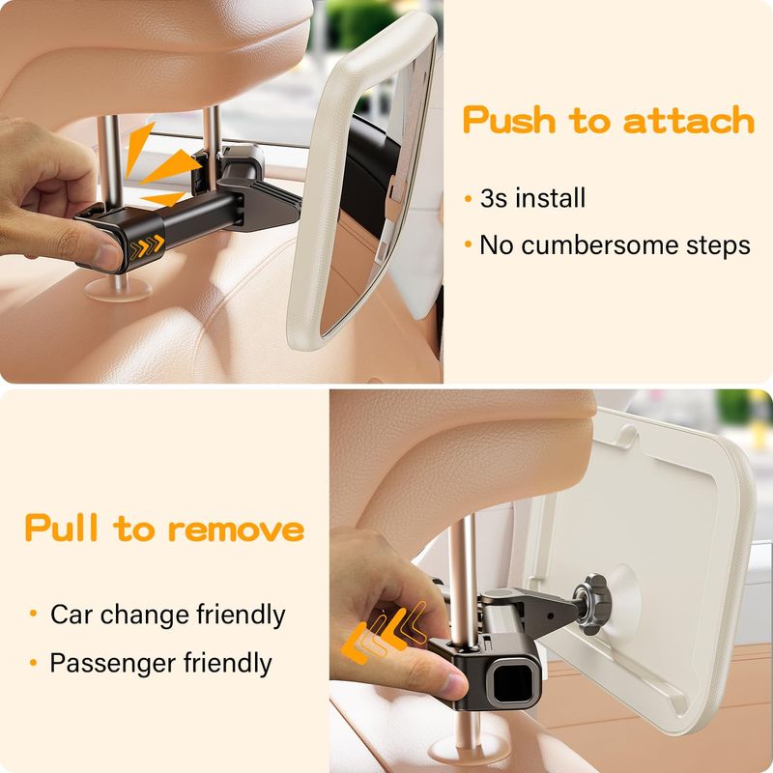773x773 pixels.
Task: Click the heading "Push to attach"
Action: pos(609,120)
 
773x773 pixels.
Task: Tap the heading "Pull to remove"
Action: pos(164,528)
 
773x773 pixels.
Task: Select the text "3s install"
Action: pos(533,198)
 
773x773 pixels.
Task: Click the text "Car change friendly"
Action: pos(167,615)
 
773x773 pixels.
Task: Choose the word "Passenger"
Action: pos(113,663)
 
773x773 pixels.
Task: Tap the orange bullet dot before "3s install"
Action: pos(469,199)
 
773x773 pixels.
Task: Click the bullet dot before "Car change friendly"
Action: pos(34,614)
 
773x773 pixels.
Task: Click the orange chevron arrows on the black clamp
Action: pos(147,246)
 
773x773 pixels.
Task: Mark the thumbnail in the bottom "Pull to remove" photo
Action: pos(454,684)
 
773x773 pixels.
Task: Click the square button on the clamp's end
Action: pos(512,680)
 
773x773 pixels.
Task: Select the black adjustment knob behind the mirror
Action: pos(591,603)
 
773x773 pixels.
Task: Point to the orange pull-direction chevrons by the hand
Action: pos(384,632)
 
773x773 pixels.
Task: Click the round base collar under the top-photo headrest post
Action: pos(118,290)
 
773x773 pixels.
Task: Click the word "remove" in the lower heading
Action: pos(236,530)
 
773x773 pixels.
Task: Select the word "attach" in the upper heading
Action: pos(689,120)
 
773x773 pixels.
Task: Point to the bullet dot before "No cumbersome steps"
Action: pos(469,244)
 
